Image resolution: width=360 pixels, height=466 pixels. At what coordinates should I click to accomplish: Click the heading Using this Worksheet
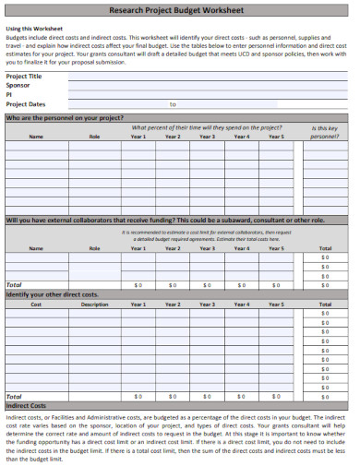[x=30, y=29]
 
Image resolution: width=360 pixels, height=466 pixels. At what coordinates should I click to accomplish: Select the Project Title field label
[x=24, y=76]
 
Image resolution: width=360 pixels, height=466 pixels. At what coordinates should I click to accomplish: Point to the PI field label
[x=9, y=94]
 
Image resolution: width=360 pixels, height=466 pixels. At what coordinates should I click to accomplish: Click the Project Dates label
[x=26, y=104]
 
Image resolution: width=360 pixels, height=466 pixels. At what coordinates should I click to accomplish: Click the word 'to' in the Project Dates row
[x=173, y=104]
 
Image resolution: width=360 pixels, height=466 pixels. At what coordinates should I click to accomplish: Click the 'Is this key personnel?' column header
[x=325, y=132]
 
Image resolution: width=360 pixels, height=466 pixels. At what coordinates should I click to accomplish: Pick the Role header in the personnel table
[x=94, y=137]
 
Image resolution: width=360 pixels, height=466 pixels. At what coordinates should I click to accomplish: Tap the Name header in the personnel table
[x=36, y=137]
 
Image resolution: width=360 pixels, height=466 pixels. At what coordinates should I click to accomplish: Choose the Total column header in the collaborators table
[x=325, y=248]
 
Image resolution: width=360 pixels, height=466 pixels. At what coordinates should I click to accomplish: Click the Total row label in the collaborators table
[x=14, y=285]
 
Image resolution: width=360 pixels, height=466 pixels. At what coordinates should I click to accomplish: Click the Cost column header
[x=36, y=304]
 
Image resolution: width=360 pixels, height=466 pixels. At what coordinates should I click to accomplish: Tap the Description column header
[x=94, y=304]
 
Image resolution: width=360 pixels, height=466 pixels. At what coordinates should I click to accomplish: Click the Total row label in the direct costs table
[x=14, y=396]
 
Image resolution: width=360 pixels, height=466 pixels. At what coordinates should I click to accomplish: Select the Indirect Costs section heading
[x=26, y=405]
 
